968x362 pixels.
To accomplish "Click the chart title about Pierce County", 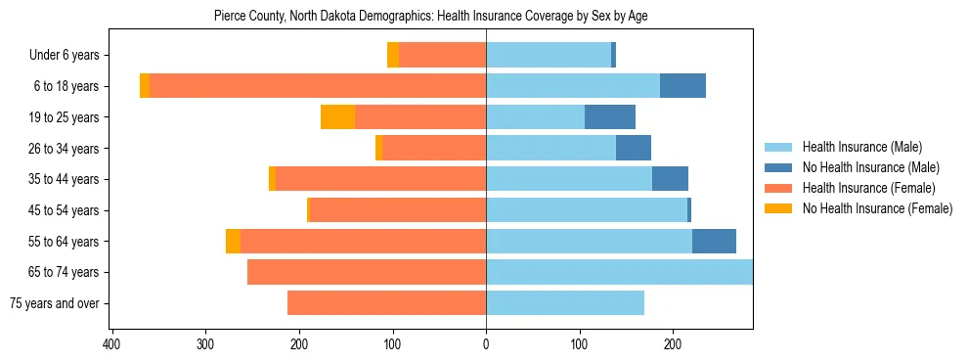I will point(430,16).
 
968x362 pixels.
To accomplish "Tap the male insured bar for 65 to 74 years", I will point(619,272).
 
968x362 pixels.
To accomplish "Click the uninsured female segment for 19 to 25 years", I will point(337,117).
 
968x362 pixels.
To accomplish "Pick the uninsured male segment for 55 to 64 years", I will point(714,241).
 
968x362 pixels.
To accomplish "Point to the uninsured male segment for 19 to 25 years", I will point(610,117).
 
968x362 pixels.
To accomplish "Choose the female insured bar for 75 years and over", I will point(386,303).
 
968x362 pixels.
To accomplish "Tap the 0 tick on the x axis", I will point(486,344).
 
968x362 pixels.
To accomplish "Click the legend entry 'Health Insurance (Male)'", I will point(861,147).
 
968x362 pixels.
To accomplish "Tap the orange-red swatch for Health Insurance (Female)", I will point(779,188).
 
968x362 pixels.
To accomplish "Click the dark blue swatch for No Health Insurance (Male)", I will point(779,167).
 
